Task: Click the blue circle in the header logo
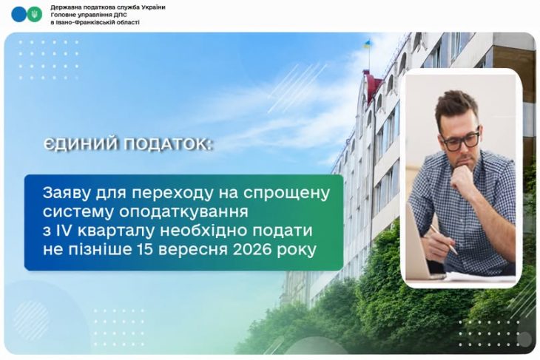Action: [x=19, y=14]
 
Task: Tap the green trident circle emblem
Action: [x=35, y=14]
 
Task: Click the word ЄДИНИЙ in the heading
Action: [x=81, y=145]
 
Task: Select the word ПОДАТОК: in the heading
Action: [x=167, y=145]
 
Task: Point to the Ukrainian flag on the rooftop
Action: [x=368, y=44]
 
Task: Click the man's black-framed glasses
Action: [x=461, y=140]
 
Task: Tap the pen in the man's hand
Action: [x=444, y=240]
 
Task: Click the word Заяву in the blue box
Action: [x=66, y=194]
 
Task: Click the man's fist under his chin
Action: [x=462, y=179]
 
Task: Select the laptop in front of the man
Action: [x=422, y=245]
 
